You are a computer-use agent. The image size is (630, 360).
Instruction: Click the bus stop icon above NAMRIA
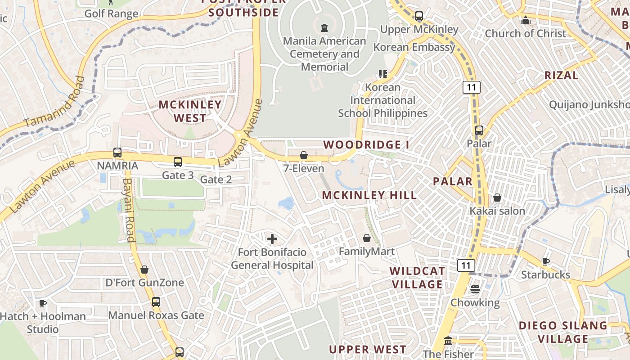point(117,153)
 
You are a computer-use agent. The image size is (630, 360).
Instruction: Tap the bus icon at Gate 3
point(178,162)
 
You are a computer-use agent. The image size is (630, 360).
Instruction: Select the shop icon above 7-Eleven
point(304,155)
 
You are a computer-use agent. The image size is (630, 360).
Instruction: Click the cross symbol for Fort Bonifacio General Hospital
point(272,239)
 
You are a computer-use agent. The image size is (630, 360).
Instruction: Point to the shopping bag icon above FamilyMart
point(367,238)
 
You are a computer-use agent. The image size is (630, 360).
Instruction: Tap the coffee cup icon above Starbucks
point(545,261)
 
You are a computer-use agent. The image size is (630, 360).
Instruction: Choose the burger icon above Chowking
point(475,289)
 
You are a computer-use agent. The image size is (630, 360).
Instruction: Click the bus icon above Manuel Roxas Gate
point(156,302)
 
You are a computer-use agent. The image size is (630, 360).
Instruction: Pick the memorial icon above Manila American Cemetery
point(324,28)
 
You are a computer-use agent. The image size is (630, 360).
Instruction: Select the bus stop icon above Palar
point(479,130)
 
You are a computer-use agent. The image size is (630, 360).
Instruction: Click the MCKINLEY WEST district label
point(190,111)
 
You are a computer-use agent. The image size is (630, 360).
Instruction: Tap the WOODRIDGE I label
point(366,144)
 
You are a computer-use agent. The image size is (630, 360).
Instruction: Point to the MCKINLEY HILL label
point(369,195)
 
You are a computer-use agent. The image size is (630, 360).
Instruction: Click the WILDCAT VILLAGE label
point(418,278)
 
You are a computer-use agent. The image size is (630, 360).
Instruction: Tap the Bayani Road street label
point(129,210)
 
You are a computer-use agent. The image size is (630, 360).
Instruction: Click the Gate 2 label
point(216,180)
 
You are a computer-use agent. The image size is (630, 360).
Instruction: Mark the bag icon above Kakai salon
point(497,198)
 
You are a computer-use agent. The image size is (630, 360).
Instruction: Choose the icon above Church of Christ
point(525,20)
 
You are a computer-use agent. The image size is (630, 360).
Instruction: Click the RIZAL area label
point(561,75)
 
